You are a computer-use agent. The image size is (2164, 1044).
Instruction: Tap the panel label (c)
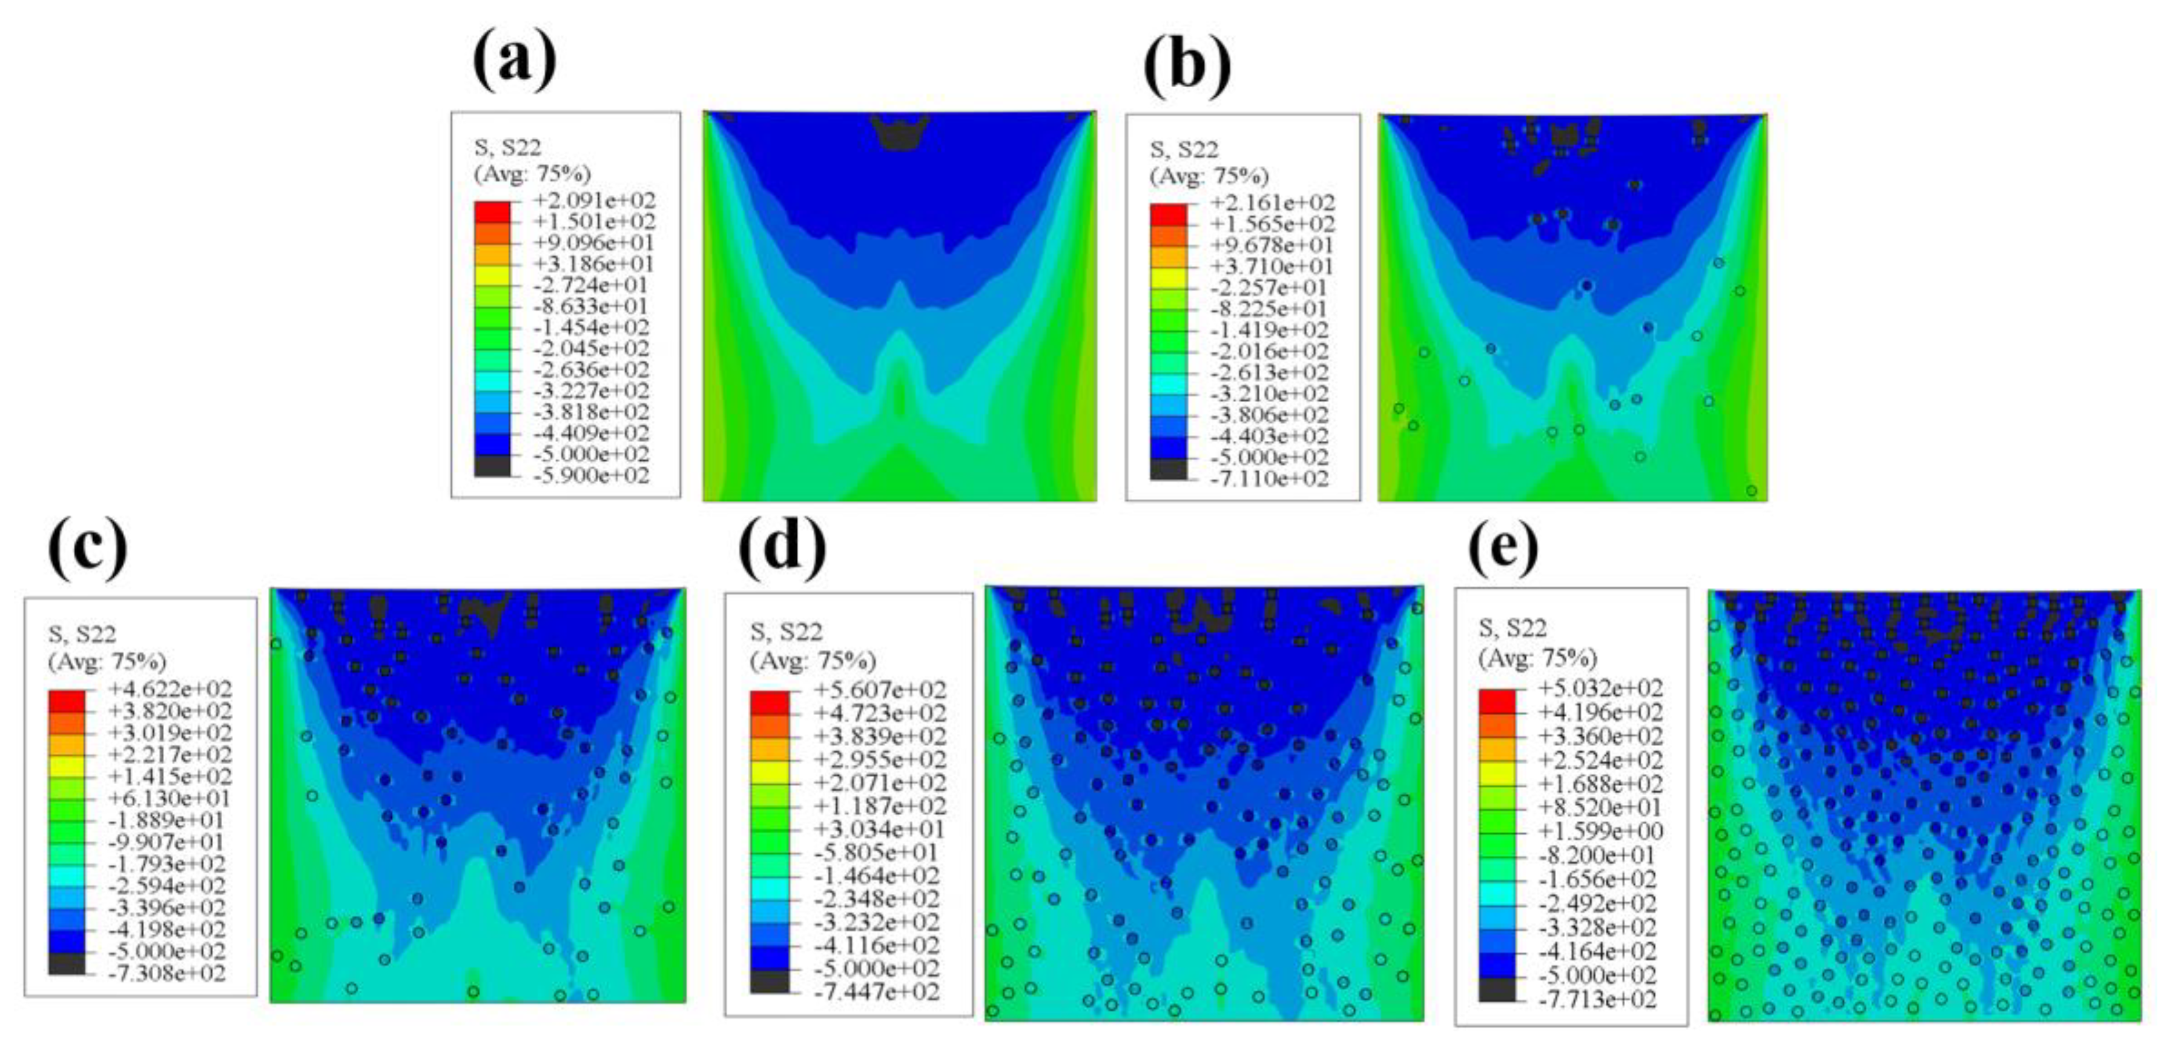(88, 550)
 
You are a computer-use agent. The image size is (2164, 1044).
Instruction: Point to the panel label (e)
(1503, 547)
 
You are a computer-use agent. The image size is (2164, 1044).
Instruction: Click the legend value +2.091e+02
(594, 200)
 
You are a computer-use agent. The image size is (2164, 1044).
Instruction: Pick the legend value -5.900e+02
(594, 475)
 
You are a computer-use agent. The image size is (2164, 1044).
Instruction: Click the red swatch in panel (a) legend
(492, 211)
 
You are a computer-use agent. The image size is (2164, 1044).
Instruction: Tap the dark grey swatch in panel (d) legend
(770, 981)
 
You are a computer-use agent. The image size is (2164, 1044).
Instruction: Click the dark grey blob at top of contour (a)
(900, 134)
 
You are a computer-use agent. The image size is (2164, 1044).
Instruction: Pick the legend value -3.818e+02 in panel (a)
(594, 412)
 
